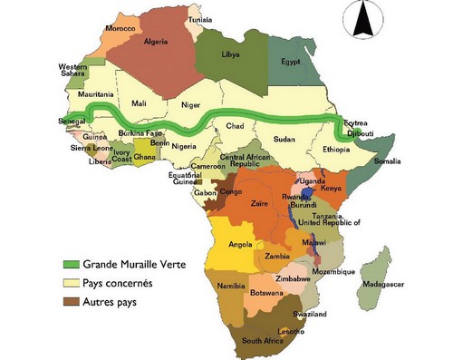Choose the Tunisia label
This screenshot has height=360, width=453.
[x=201, y=19]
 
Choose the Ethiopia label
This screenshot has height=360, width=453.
[x=337, y=150]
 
